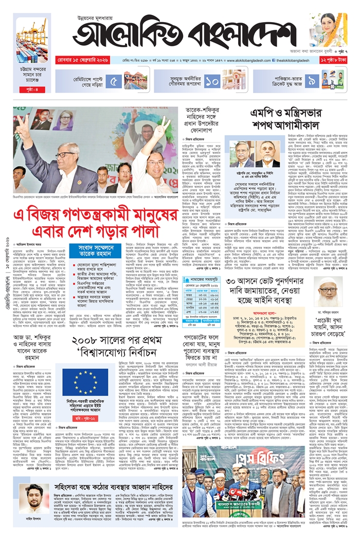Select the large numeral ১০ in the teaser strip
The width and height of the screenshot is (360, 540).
point(212,80)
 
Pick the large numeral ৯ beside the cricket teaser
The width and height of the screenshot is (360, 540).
point(312,80)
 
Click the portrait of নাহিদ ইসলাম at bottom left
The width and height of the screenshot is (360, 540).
point(35,495)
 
